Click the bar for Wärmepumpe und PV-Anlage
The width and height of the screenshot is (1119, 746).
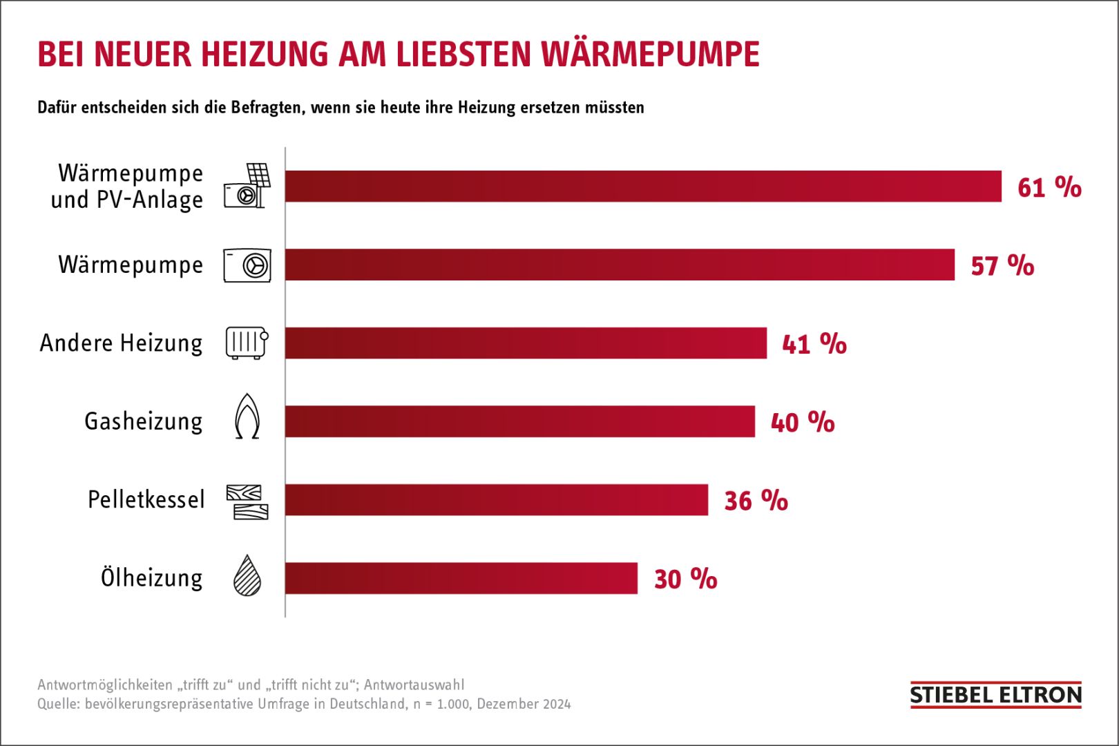[x=642, y=186]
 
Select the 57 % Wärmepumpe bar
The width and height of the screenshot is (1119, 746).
[x=620, y=265]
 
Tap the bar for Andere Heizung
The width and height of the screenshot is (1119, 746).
[x=526, y=343]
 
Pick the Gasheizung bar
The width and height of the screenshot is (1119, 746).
[x=519, y=421]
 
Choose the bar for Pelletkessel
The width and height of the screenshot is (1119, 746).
[x=496, y=499]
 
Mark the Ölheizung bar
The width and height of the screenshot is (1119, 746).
[x=461, y=578]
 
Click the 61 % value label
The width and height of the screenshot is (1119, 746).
[x=1049, y=187]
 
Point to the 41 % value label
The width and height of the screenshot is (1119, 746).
[x=814, y=343]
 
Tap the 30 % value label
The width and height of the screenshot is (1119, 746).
[x=685, y=579]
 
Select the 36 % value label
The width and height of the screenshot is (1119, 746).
[x=756, y=500]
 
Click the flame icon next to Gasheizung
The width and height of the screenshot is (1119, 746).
[x=247, y=417]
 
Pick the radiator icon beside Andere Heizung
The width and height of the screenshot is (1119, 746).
[x=247, y=343]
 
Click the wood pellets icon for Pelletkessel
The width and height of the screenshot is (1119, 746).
[x=247, y=501]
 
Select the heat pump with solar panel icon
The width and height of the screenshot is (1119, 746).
[x=247, y=186]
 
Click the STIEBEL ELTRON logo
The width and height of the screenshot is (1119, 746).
[x=995, y=695]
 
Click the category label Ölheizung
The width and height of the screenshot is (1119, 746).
[x=152, y=577]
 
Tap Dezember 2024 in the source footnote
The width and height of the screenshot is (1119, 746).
[x=524, y=704]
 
